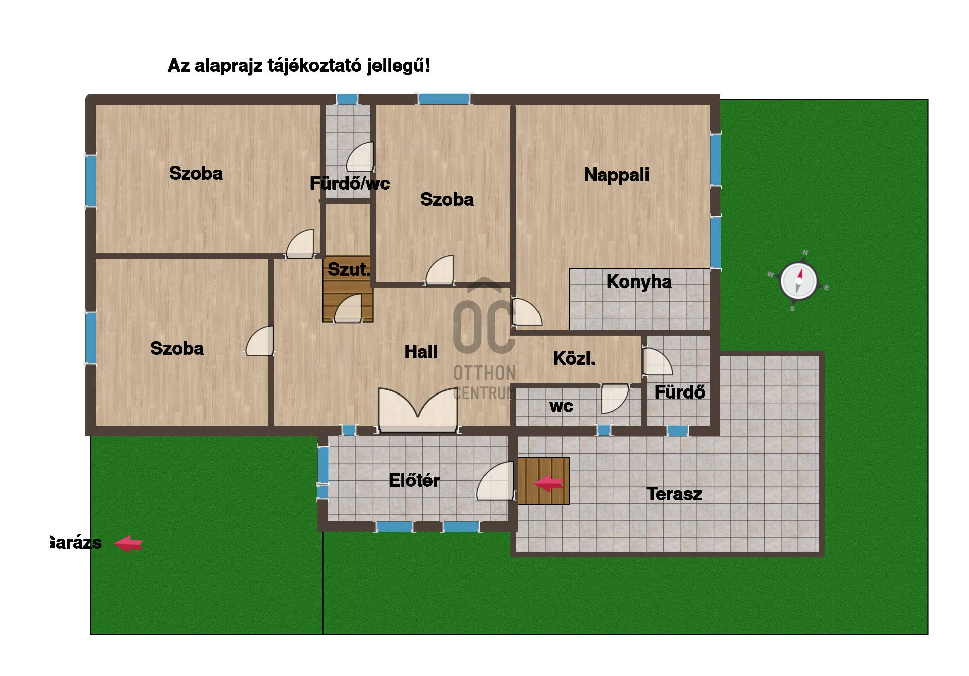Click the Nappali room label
616,175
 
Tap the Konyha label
639,281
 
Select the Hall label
421,352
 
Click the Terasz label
674,494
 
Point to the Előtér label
414,480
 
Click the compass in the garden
798,280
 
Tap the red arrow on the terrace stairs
549,484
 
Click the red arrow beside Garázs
128,544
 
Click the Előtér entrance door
496,481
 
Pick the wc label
561,407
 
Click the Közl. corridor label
574,358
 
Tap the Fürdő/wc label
350,183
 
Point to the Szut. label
349,269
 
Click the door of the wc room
615,399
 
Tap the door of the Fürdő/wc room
360,157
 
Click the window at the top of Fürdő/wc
347,99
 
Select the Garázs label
76,543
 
